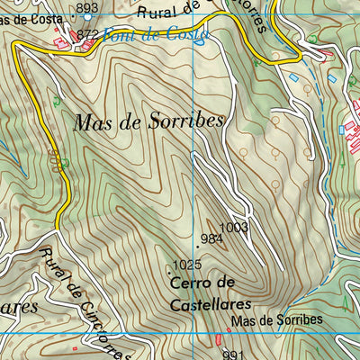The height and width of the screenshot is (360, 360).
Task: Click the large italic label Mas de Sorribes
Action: pos(148,121)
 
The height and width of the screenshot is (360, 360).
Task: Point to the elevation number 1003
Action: pos(234,228)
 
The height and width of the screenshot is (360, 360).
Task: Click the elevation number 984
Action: pos(212,238)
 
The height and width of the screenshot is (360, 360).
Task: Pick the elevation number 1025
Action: pos(187,265)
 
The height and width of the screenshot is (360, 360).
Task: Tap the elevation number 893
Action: pos(87,8)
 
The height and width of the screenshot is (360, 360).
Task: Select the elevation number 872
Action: pos(87,34)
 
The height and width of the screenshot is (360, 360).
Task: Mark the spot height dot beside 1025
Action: pos(169,266)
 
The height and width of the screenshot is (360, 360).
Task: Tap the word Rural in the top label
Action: pos(158,13)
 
